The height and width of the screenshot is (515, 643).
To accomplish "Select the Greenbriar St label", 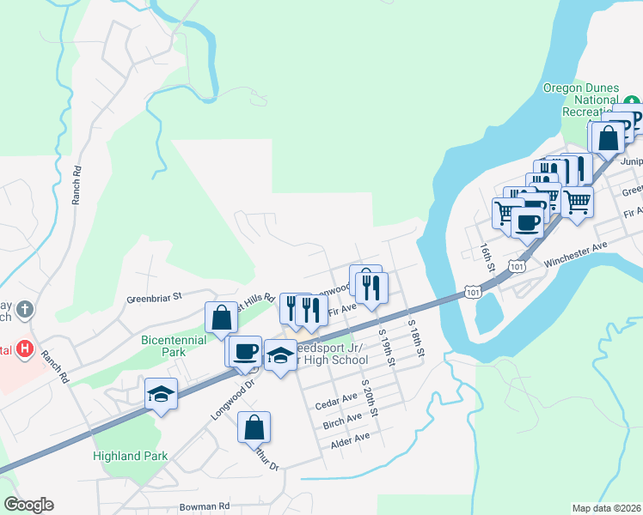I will point(155,296).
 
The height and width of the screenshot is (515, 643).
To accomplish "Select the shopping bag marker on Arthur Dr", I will point(254,427).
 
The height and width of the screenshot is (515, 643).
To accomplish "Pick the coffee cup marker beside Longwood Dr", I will point(245,351).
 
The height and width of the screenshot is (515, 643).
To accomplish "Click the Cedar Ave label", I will point(336,399).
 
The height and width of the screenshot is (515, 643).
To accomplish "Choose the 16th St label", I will point(487,257).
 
